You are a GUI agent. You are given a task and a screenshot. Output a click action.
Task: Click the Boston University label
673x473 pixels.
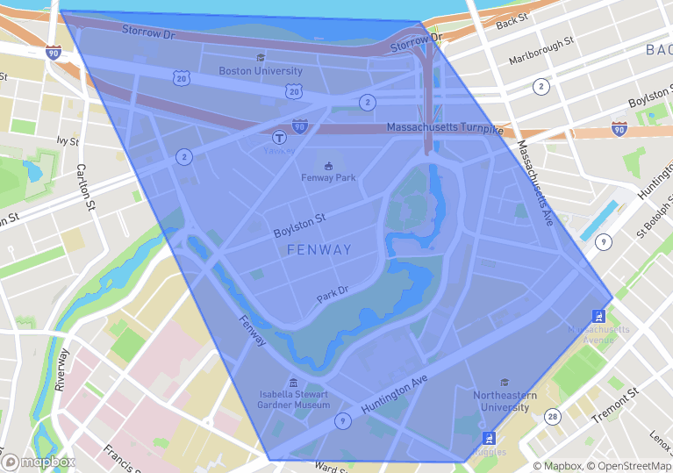[x=260, y=71]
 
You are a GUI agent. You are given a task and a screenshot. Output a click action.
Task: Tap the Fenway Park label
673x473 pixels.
[x=328, y=177]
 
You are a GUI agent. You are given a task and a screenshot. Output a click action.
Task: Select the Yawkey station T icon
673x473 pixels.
[x=279, y=137]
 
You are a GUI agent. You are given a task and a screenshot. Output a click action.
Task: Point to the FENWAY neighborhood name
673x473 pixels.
[x=319, y=250]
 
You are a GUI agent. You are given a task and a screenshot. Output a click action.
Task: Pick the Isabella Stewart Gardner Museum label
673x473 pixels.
[x=294, y=399]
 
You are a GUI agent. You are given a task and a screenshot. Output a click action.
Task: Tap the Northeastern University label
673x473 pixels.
[x=505, y=401]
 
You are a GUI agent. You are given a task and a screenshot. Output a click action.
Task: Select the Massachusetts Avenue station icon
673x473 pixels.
[x=598, y=316]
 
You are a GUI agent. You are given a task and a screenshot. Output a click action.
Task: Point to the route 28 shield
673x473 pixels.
[x=552, y=416]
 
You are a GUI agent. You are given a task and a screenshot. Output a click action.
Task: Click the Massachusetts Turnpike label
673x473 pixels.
[x=445, y=128]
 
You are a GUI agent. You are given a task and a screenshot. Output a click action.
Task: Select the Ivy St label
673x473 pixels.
[x=68, y=140]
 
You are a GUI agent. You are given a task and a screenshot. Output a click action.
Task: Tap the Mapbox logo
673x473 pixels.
[x=39, y=462]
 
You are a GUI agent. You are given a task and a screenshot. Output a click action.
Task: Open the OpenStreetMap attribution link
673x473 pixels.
[x=629, y=466]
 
